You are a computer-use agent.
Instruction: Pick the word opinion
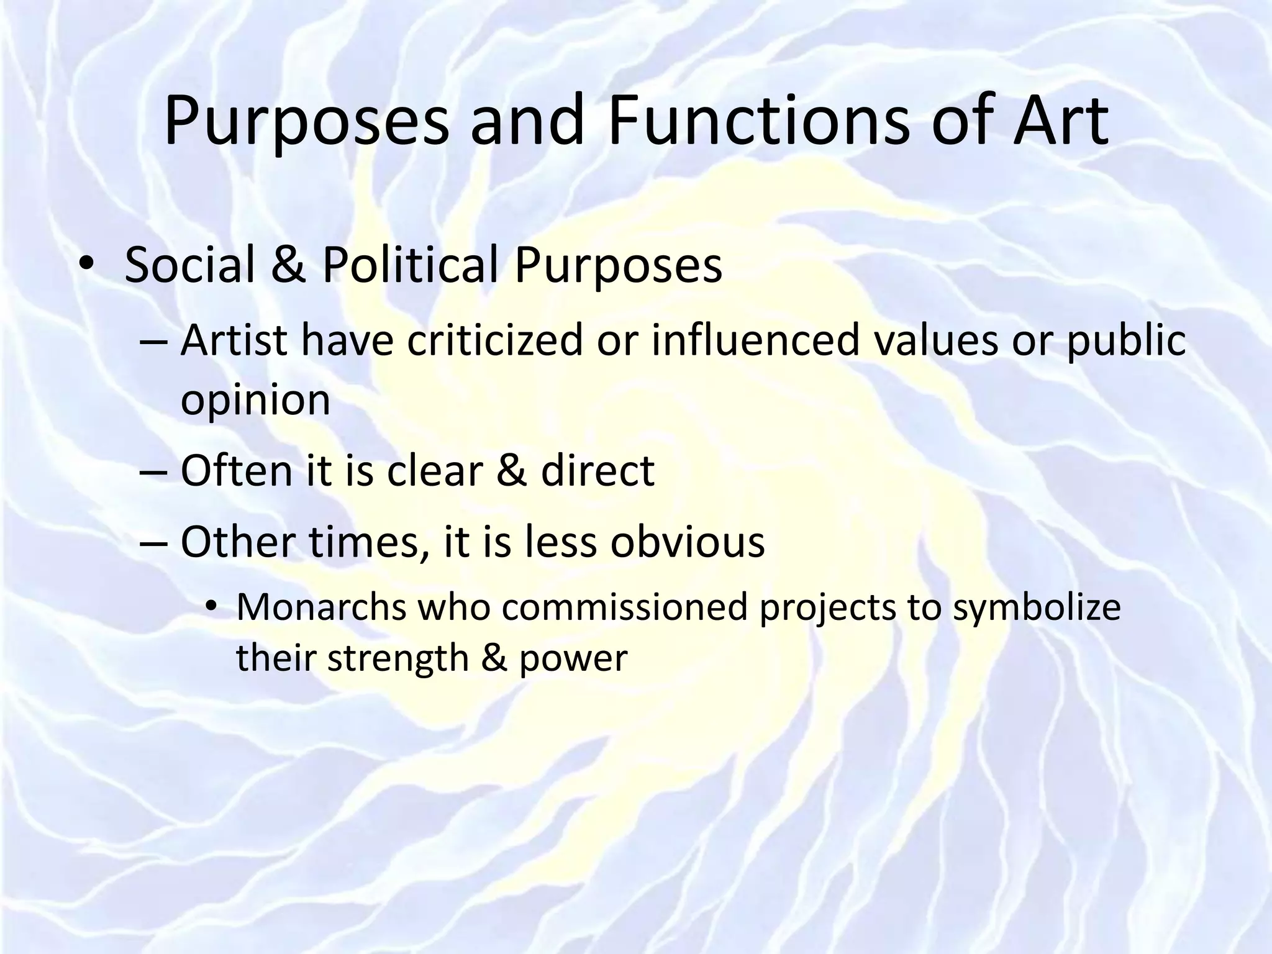[x=255, y=401]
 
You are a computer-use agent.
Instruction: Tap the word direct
[x=597, y=470]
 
